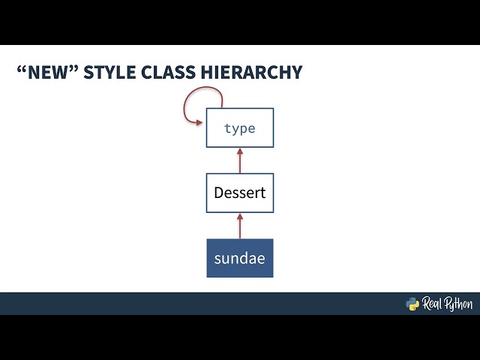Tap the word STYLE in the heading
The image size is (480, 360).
pos(106,73)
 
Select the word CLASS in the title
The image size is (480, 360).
pos(167,73)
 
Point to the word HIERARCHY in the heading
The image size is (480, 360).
pos(250,73)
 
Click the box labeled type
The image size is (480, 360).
pos(240,128)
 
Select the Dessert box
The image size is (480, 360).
pos(240,193)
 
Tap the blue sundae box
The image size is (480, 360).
pos(240,258)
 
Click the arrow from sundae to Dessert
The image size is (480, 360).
pos(240,226)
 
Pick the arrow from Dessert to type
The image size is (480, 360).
pos(240,160)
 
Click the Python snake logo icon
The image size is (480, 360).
pos(412,304)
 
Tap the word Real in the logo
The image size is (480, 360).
pos(433,304)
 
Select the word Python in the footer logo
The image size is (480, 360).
pos(460,304)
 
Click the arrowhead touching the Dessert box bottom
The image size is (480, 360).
pos(240,216)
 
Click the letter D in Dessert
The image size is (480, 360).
pos(219,193)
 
